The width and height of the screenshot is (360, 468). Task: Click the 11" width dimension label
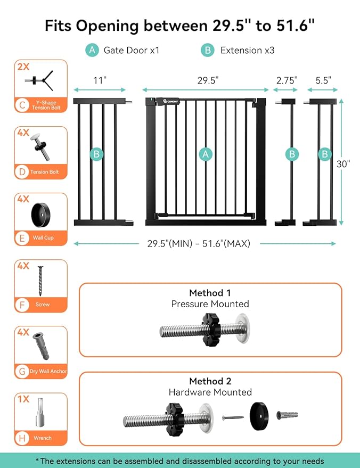pyautogui.click(x=100, y=80)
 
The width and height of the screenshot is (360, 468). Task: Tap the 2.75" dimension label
pyautogui.click(x=287, y=80)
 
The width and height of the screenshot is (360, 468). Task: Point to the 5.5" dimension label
pyautogui.click(x=323, y=80)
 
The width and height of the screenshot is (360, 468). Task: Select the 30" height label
pyautogui.click(x=344, y=164)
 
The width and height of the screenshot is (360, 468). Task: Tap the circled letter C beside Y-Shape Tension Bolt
pyautogui.click(x=22, y=105)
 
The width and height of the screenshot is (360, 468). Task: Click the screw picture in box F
pyautogui.click(x=40, y=281)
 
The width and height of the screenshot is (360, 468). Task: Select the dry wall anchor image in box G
pyautogui.click(x=40, y=347)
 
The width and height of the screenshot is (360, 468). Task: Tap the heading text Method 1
pyautogui.click(x=210, y=293)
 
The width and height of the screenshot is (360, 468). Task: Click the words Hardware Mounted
pyautogui.click(x=210, y=392)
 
